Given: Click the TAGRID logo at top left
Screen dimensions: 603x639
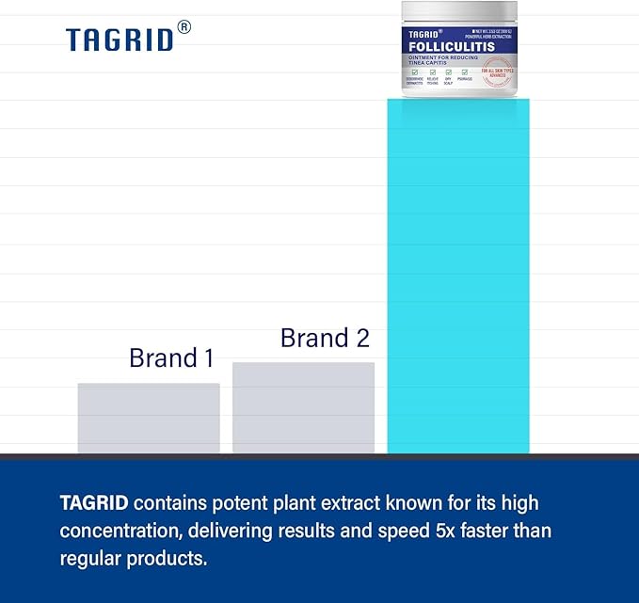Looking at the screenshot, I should [x=120, y=39].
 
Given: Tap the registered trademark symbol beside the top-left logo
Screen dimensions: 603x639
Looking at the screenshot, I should [x=184, y=27].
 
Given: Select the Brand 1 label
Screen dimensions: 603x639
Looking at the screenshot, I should [x=171, y=357].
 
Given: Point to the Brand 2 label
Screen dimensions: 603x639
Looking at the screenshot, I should [x=325, y=338].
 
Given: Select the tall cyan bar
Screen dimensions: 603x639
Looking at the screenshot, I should [x=458, y=282].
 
